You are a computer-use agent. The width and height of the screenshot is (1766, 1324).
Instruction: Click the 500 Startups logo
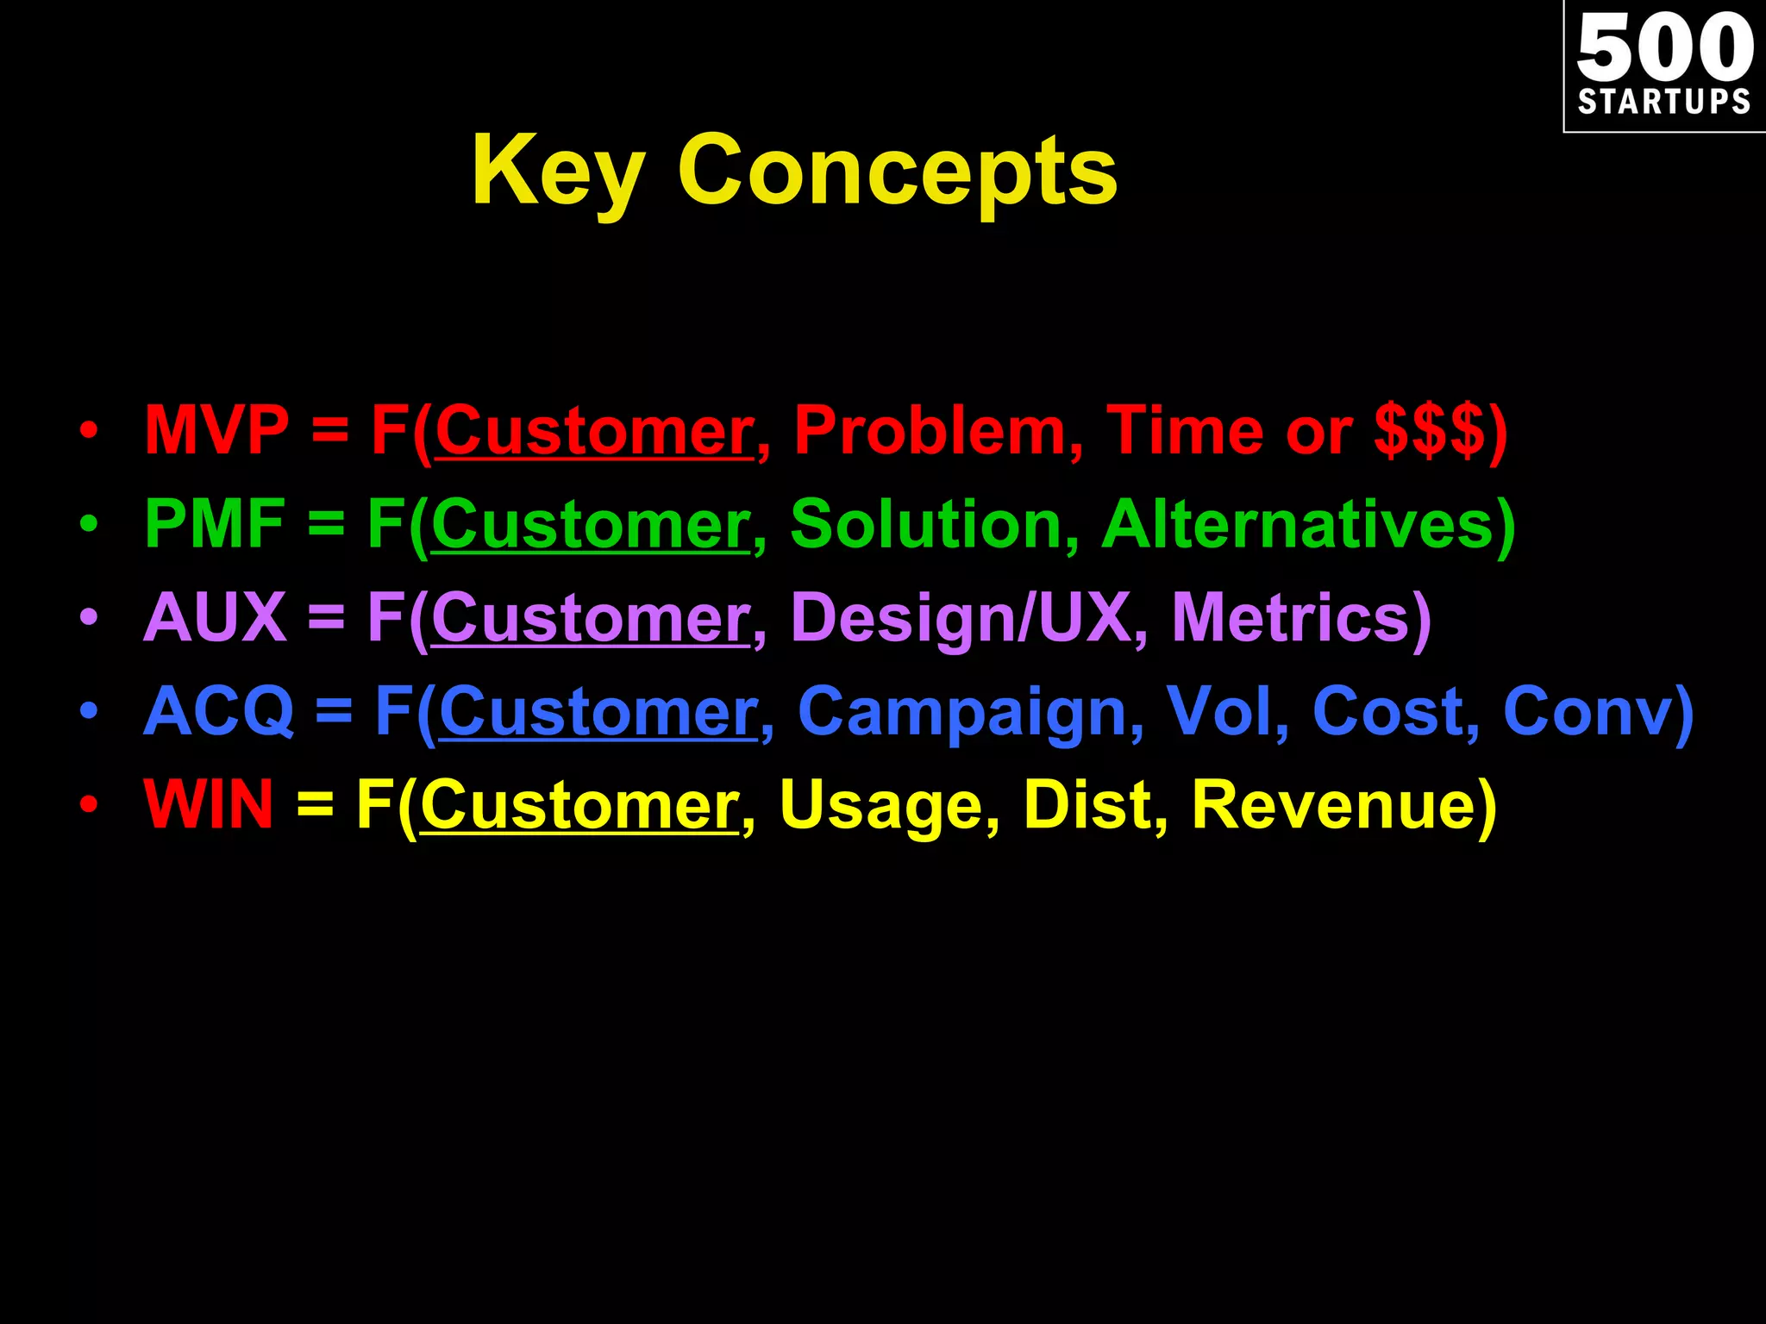coord(1664,66)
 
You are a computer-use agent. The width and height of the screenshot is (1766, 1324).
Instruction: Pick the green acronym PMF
coord(214,523)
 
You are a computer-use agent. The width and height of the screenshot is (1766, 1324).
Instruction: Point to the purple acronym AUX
coord(215,617)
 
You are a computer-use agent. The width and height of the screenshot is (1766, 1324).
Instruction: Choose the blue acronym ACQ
coord(218,711)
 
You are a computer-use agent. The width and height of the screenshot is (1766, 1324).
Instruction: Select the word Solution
coord(926,523)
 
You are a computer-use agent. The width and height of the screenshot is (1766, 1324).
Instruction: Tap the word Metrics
coord(1290,617)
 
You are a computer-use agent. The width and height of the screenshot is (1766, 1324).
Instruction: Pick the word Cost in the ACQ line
coord(1387,711)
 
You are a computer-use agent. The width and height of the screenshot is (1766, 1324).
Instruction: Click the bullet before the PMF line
coord(89,523)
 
